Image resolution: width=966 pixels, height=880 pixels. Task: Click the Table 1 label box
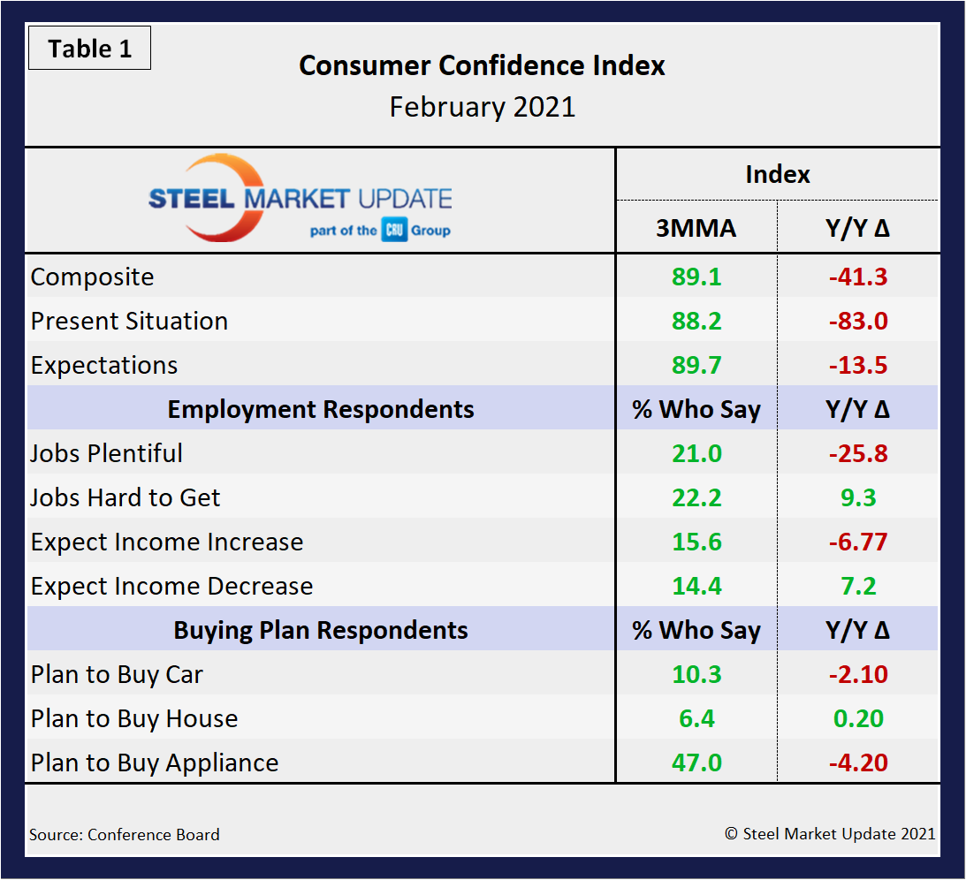[89, 49]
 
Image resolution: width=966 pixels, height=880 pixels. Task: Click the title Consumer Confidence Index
[482, 65]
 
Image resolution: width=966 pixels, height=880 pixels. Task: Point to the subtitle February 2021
[482, 107]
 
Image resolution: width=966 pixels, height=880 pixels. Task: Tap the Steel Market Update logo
[300, 200]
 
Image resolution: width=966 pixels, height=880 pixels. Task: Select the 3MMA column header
[696, 229]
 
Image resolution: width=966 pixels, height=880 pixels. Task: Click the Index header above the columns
[777, 174]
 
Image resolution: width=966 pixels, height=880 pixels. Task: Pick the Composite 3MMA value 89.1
[696, 277]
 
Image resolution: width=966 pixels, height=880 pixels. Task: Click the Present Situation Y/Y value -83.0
[857, 321]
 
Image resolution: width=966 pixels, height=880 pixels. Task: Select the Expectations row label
[104, 365]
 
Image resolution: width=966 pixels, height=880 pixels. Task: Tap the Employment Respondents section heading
[321, 409]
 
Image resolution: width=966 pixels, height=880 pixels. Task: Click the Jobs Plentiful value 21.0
[696, 453]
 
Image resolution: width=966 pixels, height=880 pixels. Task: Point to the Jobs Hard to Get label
[126, 497]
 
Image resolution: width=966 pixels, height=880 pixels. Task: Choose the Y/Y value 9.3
[857, 497]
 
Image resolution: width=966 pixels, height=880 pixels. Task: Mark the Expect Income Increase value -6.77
[857, 542]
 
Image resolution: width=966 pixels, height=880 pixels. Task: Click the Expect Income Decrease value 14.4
[696, 586]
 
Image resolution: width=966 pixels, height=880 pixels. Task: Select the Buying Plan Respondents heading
[321, 630]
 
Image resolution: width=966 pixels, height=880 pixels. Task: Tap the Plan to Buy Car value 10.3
[696, 674]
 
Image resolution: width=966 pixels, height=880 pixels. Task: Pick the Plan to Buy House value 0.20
[857, 718]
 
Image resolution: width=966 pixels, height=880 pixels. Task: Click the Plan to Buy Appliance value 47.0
[696, 762]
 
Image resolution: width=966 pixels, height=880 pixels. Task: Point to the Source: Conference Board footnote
[125, 834]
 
